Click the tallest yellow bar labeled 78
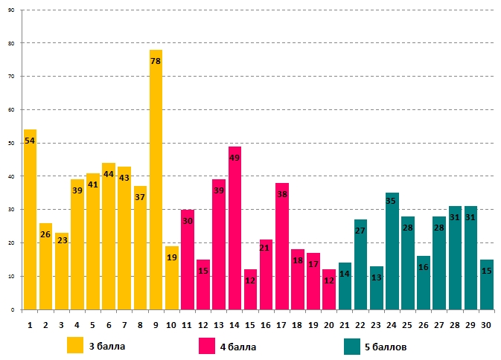pyautogui.click(x=156, y=186)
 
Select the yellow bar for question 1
pyautogui.click(x=30, y=223)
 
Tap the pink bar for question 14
pyautogui.click(x=234, y=231)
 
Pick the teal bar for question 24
pyautogui.click(x=392, y=253)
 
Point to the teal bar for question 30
pyautogui.click(x=486, y=286)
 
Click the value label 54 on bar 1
pyautogui.click(x=30, y=141)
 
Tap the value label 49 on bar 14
pyautogui.click(x=234, y=158)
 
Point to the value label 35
pyautogui.click(x=392, y=201)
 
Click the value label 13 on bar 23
pyautogui.click(x=376, y=277)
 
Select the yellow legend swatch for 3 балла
pyautogui.click(x=75, y=346)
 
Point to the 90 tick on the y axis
pyautogui.click(x=11, y=10)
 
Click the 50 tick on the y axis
pyautogui.click(x=11, y=144)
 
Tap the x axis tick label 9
pyautogui.click(x=156, y=324)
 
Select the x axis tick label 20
pyautogui.click(x=328, y=324)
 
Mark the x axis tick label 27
pyautogui.click(x=438, y=324)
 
